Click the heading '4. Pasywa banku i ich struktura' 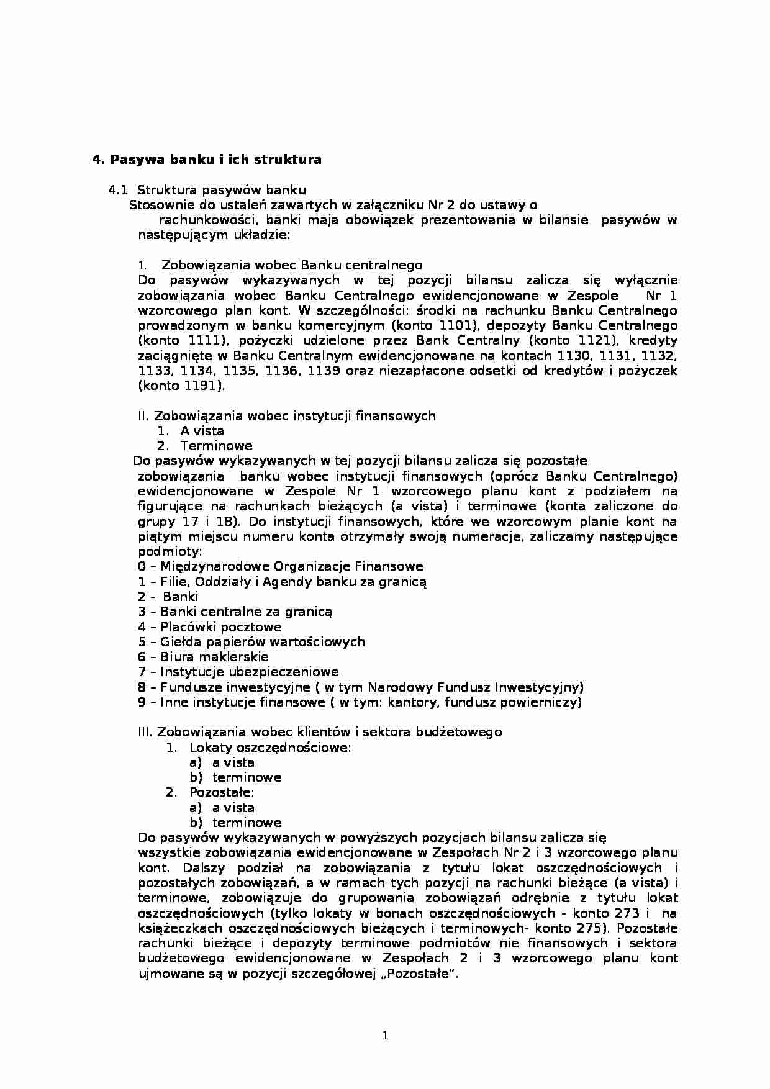207,160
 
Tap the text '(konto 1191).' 181,386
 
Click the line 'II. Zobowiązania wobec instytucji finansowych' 286,416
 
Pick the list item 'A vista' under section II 202,431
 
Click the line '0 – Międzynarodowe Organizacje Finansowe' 280,566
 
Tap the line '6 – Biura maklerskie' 203,657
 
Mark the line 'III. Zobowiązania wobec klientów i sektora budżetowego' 319,732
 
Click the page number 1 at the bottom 385,1035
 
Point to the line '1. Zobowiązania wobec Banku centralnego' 291,265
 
